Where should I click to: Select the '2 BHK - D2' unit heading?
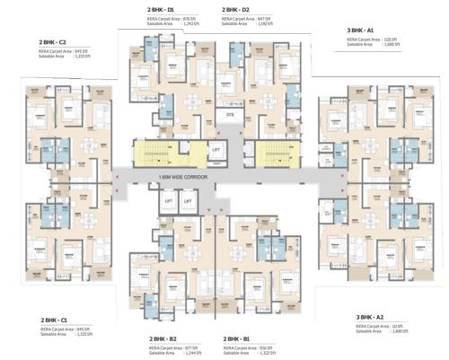pyautogui.click(x=236, y=9)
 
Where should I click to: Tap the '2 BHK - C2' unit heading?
pyautogui.click(x=53, y=42)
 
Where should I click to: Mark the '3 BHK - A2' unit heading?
pyautogui.click(x=371, y=318)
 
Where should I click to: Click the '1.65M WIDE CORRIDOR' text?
pyautogui.click(x=180, y=178)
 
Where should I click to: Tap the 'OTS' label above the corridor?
pyautogui.click(x=230, y=116)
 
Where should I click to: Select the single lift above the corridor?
pyautogui.click(x=216, y=149)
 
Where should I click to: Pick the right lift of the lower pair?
pyautogui.click(x=189, y=202)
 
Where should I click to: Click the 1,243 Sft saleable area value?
pyautogui.click(x=189, y=23)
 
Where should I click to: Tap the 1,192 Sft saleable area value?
pyautogui.click(x=263, y=23)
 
